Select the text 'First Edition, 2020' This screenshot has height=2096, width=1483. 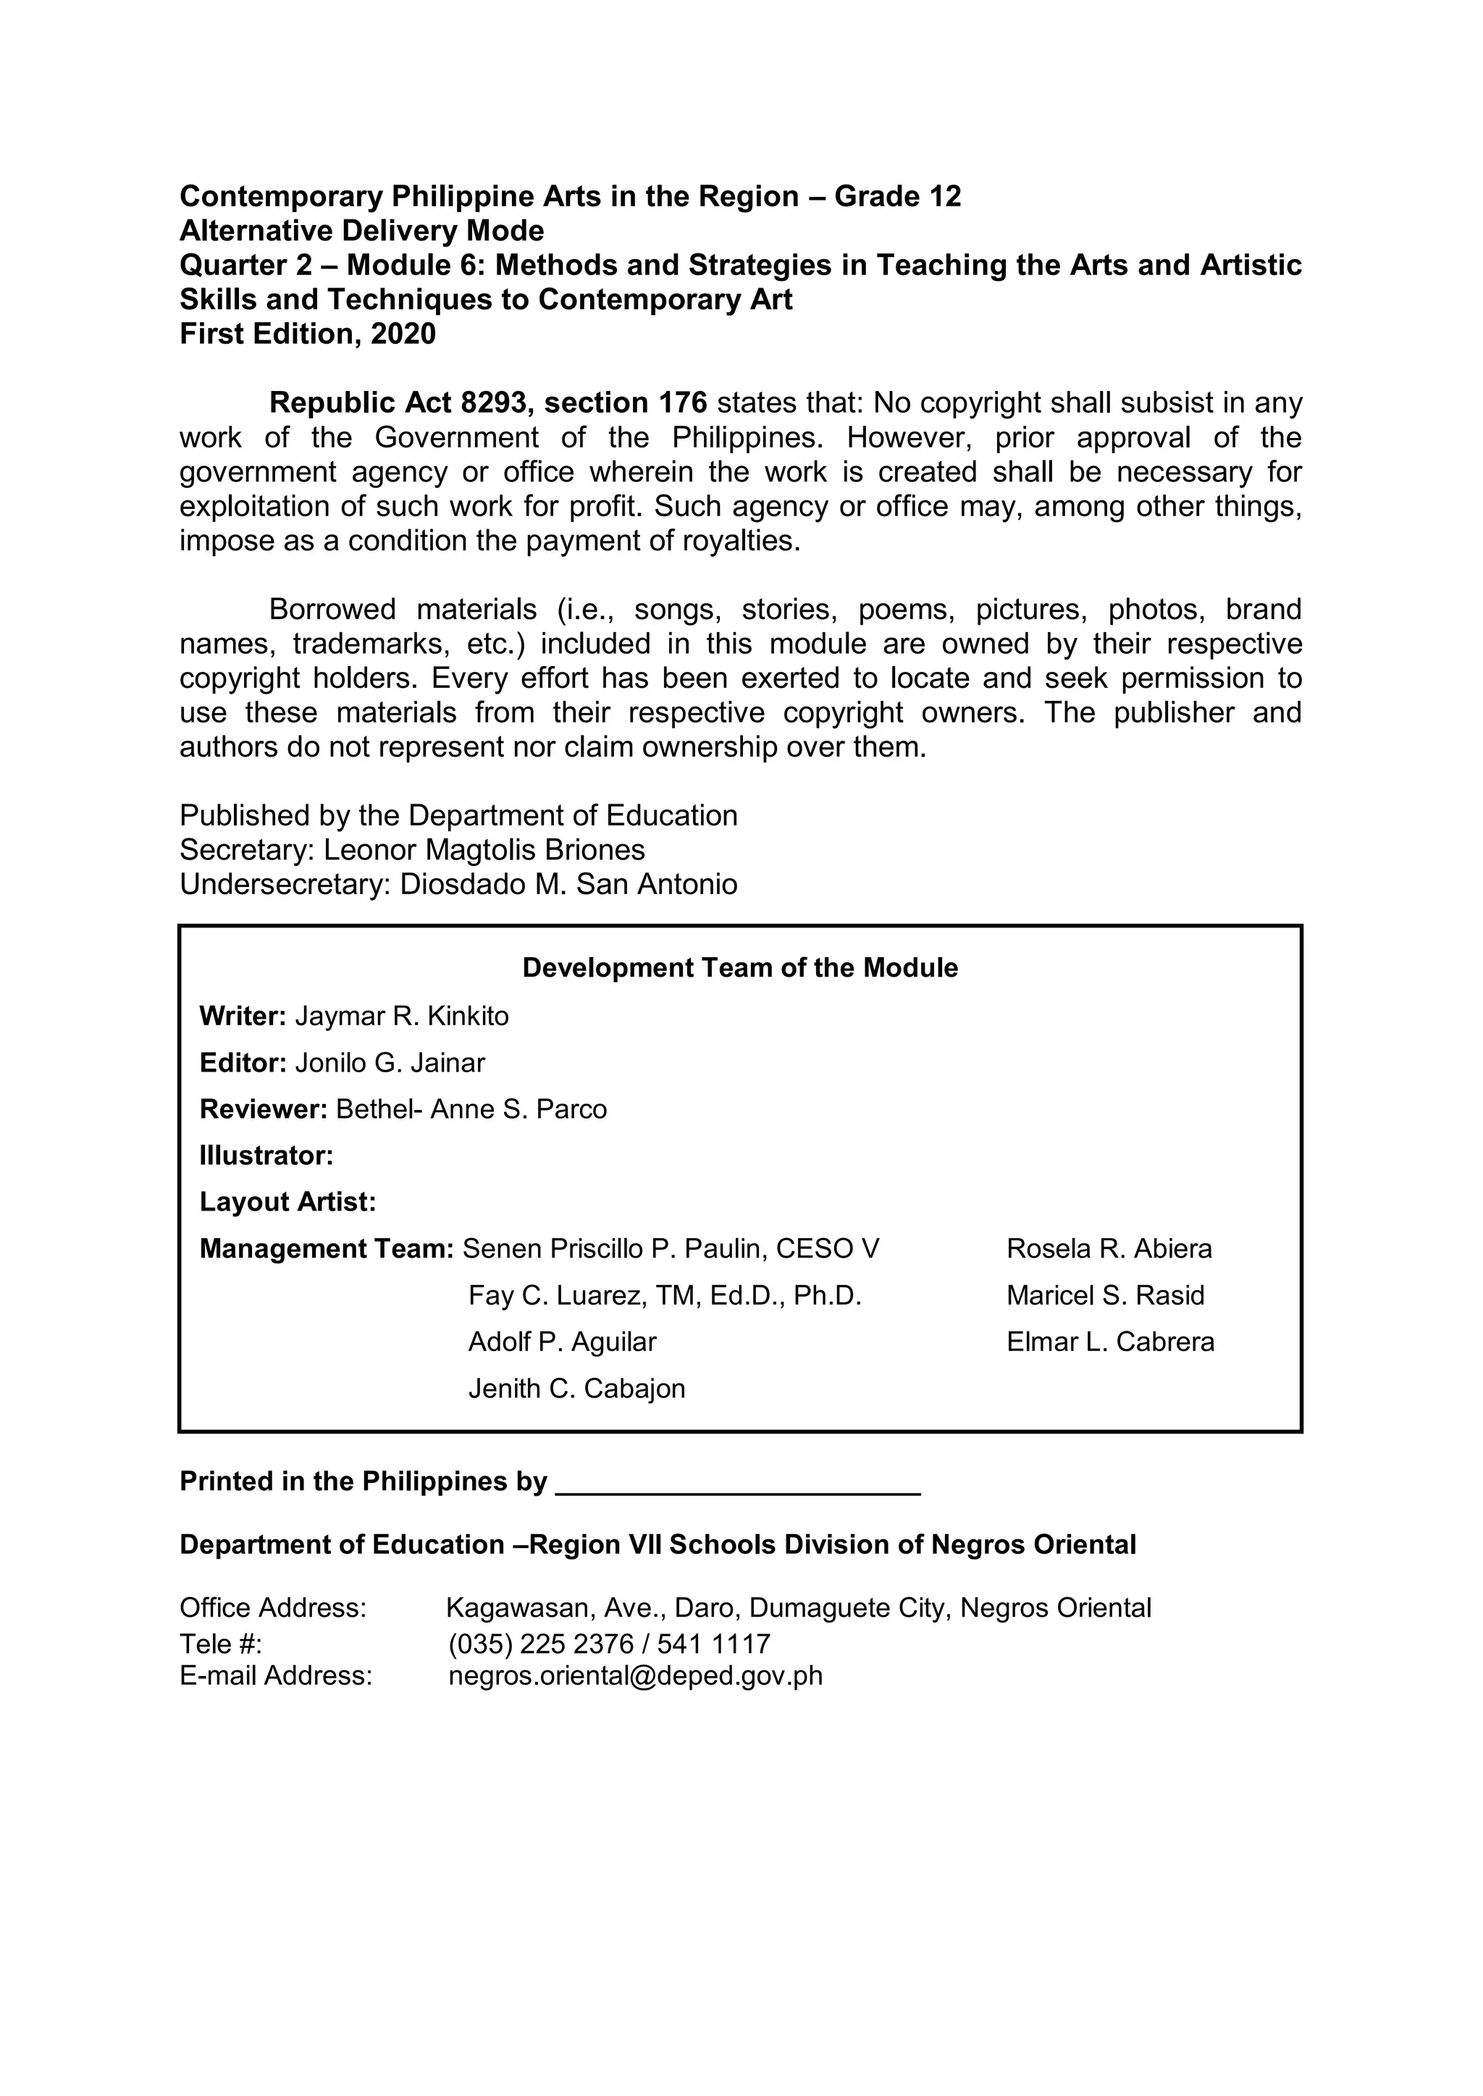pyautogui.click(x=308, y=334)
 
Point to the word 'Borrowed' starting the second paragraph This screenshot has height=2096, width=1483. pyautogui.click(x=332, y=609)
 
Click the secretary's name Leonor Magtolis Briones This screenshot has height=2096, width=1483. pyautogui.click(x=484, y=850)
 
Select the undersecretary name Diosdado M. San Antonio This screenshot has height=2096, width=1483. pyautogui.click(x=568, y=885)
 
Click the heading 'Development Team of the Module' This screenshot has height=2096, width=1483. pyautogui.click(x=739, y=968)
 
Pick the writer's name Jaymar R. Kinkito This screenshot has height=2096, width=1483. pyautogui.click(x=402, y=1016)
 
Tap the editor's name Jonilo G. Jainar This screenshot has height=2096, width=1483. pyautogui.click(x=390, y=1063)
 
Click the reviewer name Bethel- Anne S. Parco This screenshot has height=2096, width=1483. pyautogui.click(x=471, y=1109)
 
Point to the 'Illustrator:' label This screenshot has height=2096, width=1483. pyautogui.click(x=266, y=1156)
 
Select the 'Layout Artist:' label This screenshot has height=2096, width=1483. pyautogui.click(x=287, y=1203)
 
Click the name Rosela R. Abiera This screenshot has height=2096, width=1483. pyautogui.click(x=1109, y=1249)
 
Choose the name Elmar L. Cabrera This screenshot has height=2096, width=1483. pyautogui.click(x=1110, y=1342)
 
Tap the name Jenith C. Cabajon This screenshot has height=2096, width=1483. pyautogui.click(x=576, y=1389)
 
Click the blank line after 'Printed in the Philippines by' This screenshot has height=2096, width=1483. pyautogui.click(x=738, y=1483)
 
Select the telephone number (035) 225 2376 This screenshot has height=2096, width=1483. pyautogui.click(x=541, y=1644)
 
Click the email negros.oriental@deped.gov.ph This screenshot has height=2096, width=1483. pyautogui.click(x=636, y=1676)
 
